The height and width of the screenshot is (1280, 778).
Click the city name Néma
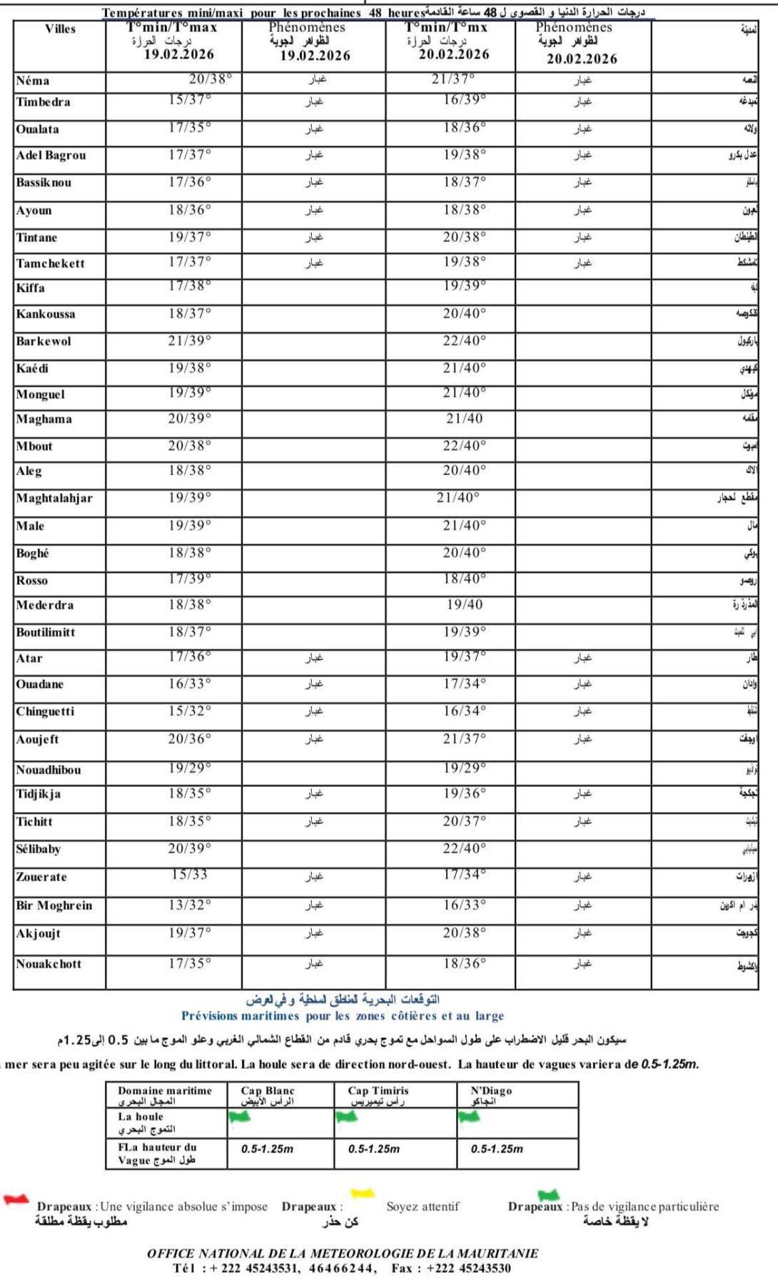(33, 81)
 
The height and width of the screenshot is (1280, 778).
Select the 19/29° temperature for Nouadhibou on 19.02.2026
(190, 768)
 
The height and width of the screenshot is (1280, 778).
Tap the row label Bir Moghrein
(54, 905)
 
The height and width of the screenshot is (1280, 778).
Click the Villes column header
(60, 29)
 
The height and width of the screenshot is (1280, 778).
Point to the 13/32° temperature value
(190, 905)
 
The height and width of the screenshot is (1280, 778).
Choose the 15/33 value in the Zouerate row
(190, 875)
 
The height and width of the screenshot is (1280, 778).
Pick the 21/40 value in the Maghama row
(465, 419)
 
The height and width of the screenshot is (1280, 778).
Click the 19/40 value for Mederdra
(465, 604)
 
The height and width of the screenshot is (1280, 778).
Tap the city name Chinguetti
(45, 711)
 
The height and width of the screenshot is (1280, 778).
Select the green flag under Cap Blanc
(240, 1117)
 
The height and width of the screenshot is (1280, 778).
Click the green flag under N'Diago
(469, 1117)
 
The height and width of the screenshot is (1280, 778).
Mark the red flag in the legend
(16, 1199)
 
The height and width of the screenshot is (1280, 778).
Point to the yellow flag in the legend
(363, 1193)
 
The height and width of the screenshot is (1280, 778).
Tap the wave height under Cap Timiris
(374, 1149)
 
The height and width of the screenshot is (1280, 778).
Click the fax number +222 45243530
(468, 1268)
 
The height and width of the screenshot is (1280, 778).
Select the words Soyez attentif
(423, 1207)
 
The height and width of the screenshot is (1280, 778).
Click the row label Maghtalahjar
(54, 498)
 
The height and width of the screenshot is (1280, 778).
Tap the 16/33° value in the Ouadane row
(190, 684)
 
